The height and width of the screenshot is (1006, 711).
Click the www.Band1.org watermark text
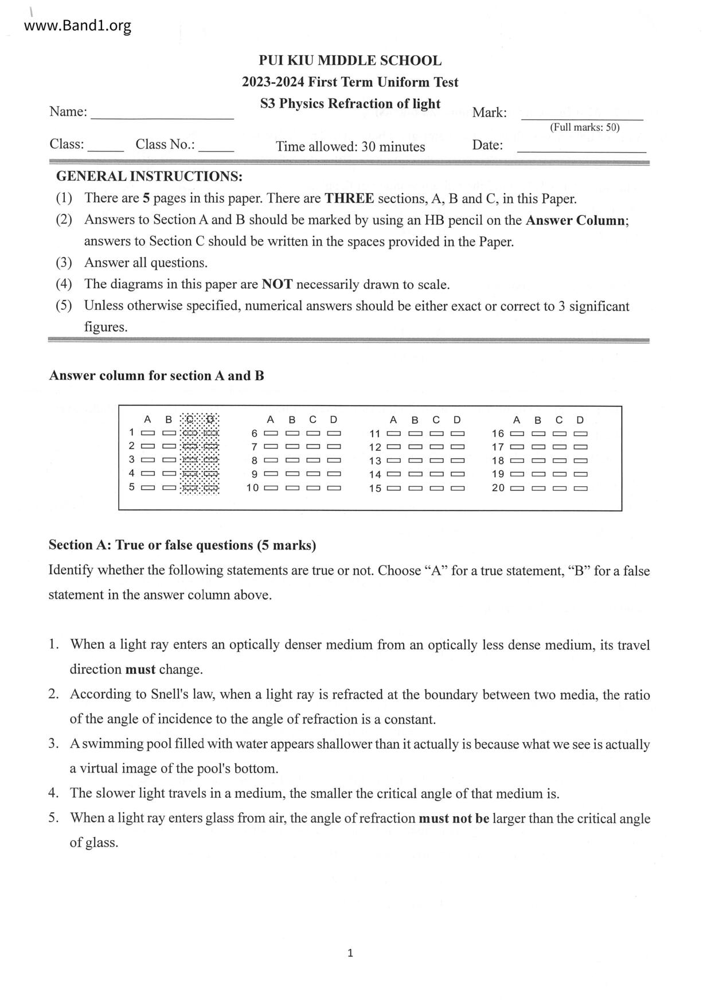click(78, 26)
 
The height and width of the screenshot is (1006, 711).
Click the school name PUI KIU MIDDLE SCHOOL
click(350, 61)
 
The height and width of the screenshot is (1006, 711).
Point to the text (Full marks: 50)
click(584, 127)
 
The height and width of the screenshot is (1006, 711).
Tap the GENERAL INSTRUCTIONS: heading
click(149, 176)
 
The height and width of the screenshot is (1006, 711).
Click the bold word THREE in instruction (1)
click(349, 199)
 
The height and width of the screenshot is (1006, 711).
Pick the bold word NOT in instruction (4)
click(277, 284)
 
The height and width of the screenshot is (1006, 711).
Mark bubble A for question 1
click(148, 432)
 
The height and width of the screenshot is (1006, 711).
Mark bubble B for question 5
click(169, 488)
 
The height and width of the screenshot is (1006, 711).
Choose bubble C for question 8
click(312, 460)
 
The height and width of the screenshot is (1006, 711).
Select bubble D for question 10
click(334, 488)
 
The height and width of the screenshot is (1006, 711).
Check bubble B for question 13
click(415, 461)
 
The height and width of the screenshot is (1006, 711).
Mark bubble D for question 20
click(581, 488)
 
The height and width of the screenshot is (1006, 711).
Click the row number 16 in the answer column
click(498, 434)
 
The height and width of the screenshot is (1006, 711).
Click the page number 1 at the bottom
click(350, 953)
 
